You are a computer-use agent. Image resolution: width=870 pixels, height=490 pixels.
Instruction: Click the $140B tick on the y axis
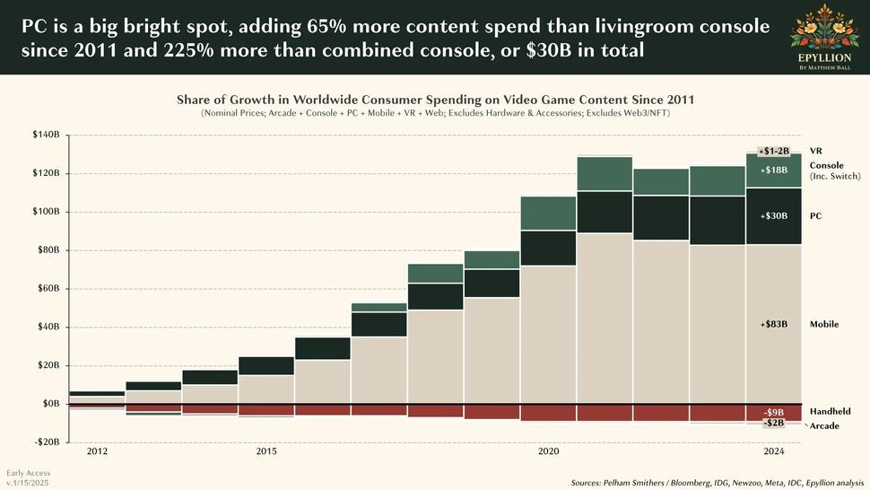[45, 136]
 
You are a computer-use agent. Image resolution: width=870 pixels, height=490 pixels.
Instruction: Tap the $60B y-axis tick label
[47, 289]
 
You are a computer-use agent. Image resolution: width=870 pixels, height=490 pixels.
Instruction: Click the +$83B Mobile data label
[773, 324]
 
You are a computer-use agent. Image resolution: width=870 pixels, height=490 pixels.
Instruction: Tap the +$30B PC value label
[773, 216]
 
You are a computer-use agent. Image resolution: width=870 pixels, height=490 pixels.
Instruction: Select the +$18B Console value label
[773, 170]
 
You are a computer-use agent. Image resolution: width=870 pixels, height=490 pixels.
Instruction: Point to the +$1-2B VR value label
[773, 152]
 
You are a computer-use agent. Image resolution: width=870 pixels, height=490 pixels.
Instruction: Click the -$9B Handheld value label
[774, 413]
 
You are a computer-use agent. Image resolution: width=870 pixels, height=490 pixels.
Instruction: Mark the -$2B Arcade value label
[773, 423]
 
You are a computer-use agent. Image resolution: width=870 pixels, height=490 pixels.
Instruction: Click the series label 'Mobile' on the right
[823, 324]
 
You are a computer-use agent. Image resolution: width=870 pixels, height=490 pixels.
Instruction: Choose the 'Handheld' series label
[830, 411]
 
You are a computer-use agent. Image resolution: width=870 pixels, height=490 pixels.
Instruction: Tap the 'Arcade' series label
[824, 425]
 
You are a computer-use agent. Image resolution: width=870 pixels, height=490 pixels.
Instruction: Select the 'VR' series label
[815, 151]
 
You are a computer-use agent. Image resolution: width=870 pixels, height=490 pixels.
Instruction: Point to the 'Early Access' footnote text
[28, 472]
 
